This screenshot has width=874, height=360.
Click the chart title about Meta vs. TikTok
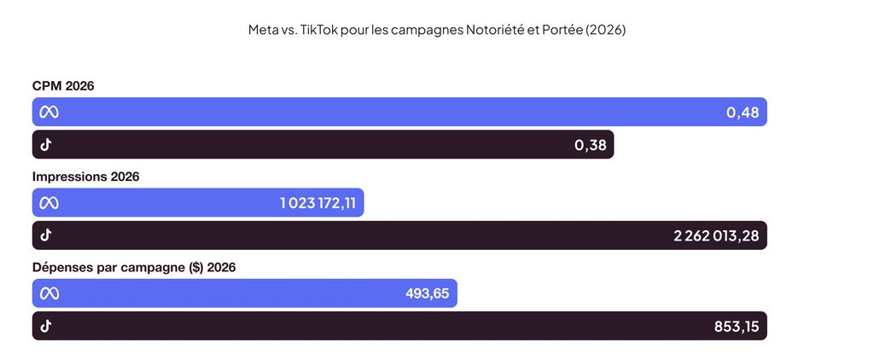(437, 30)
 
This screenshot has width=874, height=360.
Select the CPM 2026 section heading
(63, 86)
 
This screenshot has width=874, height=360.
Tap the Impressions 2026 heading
(86, 177)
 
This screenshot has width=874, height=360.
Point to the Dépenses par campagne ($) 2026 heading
(134, 268)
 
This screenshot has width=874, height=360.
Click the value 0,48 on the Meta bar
(743, 113)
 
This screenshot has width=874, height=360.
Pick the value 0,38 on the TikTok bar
(591, 145)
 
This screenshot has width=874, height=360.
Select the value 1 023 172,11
(318, 203)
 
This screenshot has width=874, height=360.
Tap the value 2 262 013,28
(716, 235)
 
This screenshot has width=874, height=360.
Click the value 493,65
(427, 293)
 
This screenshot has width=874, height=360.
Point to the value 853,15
(737, 327)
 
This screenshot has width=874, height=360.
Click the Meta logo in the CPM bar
(49, 113)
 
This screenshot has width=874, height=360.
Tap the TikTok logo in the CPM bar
(46, 145)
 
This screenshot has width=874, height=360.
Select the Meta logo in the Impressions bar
(49, 203)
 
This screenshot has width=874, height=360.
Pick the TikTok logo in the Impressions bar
(46, 235)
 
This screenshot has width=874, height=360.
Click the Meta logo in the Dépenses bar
(49, 293)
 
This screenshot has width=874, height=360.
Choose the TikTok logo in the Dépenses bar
(46, 326)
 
